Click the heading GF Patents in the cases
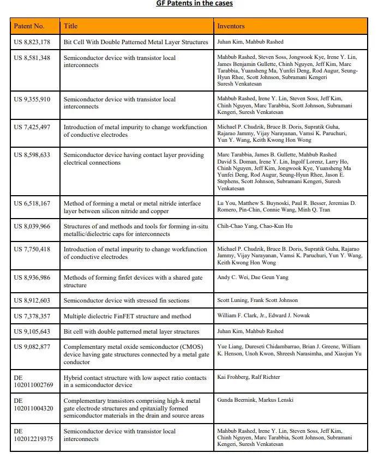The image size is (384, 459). coord(194,3)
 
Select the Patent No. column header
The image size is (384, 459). coord(29,26)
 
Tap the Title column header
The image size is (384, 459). coord(71,26)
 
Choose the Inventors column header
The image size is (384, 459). coord(231,26)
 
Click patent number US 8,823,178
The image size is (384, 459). coord(32,42)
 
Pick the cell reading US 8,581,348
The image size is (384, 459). coord(32,57)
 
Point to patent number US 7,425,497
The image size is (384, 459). coord(32,127)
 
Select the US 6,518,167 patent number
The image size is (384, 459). coord(32,203)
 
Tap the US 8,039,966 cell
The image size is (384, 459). coord(32,226)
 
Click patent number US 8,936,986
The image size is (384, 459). coord(32,277)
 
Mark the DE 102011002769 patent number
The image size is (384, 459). coord(33,381)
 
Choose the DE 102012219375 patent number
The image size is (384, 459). coord(33,435)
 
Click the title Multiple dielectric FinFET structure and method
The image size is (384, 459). coord(127,316)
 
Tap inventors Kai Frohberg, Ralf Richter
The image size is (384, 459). coord(250,377)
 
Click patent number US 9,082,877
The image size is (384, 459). coord(32,346)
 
